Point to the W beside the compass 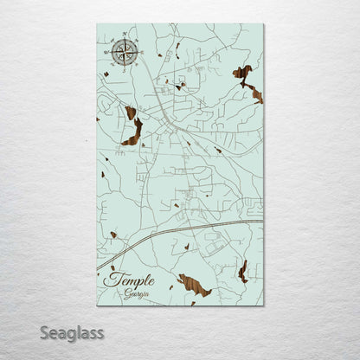pos(105,53)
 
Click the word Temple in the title pos(129,280)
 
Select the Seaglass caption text pos(76,333)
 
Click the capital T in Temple pos(111,279)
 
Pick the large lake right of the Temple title pos(195,286)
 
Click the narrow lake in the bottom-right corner pos(243,271)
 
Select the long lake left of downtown pos(132,128)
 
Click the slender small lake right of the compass pos(177,49)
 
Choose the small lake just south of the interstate pos(187,247)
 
